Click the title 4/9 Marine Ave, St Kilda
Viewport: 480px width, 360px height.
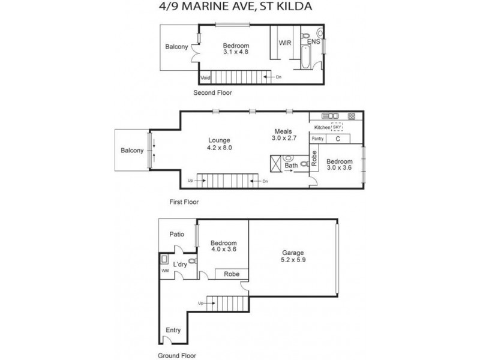click(240, 7)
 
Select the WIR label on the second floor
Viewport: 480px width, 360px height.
click(284, 43)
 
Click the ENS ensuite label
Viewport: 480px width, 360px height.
click(313, 42)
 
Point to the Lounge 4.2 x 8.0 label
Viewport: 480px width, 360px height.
click(219, 143)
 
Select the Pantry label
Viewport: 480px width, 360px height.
click(317, 139)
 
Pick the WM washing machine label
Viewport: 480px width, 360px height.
click(165, 271)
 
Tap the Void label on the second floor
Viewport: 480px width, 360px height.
click(205, 77)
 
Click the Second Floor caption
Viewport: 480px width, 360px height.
click(212, 93)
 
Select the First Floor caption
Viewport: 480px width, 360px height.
click(184, 202)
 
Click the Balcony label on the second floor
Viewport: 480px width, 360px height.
click(176, 47)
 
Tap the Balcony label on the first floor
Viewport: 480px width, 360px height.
click(132, 151)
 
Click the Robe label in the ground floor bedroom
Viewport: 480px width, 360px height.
click(232, 274)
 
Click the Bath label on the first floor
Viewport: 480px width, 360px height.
click(291, 165)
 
